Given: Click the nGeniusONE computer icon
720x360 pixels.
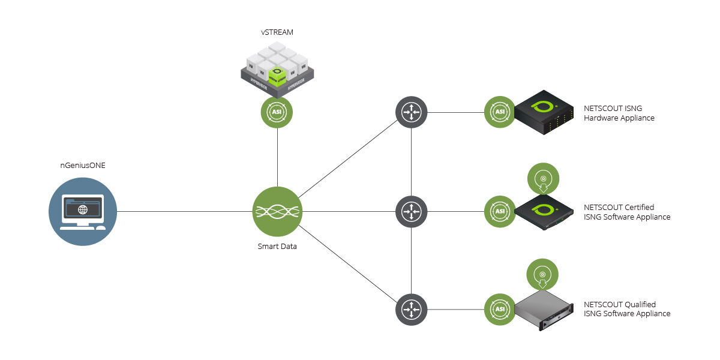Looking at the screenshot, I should pyautogui.click(x=82, y=211).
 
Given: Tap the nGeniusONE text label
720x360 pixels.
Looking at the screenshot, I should pyautogui.click(x=83, y=166).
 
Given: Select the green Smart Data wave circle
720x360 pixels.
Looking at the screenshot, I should pyautogui.click(x=277, y=211).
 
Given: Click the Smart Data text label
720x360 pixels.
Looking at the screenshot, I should pyautogui.click(x=277, y=246).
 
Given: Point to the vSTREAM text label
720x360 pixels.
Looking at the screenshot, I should pyautogui.click(x=277, y=32).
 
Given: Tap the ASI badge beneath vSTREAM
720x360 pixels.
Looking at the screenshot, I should pyautogui.click(x=277, y=112).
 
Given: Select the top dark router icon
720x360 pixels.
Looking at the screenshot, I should pyautogui.click(x=411, y=112).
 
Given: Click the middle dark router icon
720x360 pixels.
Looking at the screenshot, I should pyautogui.click(x=411, y=211).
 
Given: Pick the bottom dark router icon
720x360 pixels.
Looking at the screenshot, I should pyautogui.click(x=411, y=310).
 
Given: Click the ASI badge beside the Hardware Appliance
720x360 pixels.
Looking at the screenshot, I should pyautogui.click(x=500, y=112).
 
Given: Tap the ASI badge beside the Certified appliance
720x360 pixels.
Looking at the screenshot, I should pyautogui.click(x=500, y=211).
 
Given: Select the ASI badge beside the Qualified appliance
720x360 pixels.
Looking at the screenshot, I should pyautogui.click(x=500, y=309).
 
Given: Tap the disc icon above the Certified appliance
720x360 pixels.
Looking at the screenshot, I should pyautogui.click(x=542, y=179).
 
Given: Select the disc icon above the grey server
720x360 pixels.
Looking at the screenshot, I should pyautogui.click(x=542, y=274).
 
